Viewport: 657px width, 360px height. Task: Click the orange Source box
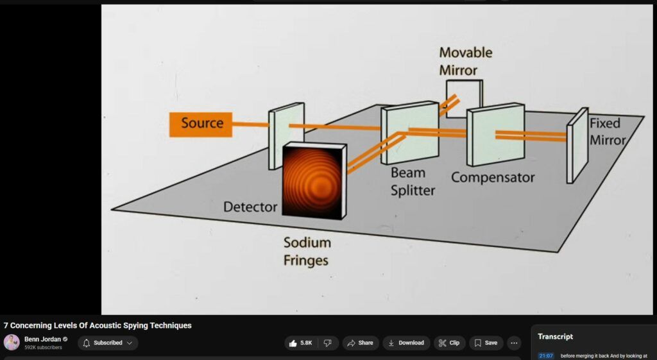tap(201, 124)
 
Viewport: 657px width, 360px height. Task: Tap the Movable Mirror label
tap(466, 61)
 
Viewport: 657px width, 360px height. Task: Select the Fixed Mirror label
tap(606, 132)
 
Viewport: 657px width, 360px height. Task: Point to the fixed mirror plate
tap(577, 145)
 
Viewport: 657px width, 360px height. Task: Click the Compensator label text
tap(492, 177)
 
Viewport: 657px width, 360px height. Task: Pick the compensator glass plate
tap(495, 135)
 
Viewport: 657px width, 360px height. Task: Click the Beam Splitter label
tap(413, 182)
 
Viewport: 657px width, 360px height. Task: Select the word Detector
tap(250, 207)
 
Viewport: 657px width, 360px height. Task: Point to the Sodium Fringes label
tap(307, 252)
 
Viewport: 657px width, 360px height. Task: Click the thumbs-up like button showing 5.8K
tap(300, 343)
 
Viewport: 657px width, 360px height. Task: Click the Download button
tap(406, 343)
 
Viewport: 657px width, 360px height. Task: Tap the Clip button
tap(449, 343)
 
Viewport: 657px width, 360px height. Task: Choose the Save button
tap(486, 343)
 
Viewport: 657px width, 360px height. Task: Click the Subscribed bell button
tap(108, 343)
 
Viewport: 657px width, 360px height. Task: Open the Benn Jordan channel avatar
tap(12, 343)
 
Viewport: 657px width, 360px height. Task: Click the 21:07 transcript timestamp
tap(545, 356)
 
